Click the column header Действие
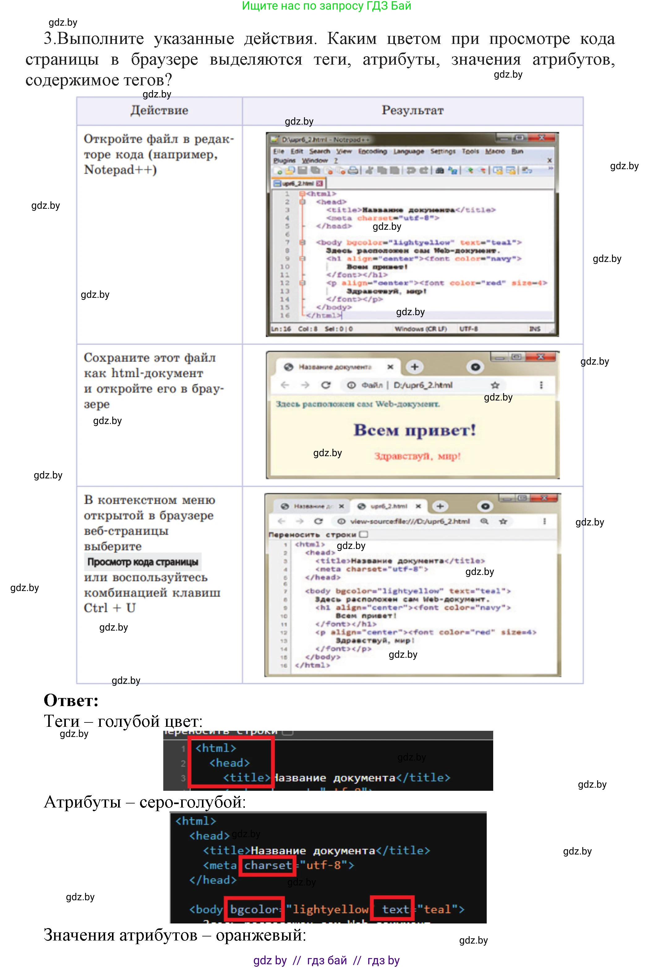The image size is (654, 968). pos(159,110)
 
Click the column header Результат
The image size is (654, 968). pos(412,110)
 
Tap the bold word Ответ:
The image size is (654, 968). pos(71,700)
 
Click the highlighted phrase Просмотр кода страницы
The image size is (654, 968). pos(143,562)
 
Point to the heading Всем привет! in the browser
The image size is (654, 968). pos(414,430)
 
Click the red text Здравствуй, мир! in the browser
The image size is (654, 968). pos(417,456)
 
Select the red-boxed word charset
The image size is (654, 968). pos(268,865)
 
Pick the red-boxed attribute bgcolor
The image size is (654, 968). pos(254,909)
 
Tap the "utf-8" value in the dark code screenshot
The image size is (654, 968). pos(324,865)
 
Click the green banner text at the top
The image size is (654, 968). pos(327,6)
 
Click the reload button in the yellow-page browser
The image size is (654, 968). pos(326,385)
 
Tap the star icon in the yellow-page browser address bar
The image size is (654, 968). pos(495,385)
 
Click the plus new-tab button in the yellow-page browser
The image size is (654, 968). pos(414,367)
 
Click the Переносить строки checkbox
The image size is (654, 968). pos(364,534)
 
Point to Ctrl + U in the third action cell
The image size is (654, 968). pos(109,608)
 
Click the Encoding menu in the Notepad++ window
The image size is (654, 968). pos(372,151)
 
